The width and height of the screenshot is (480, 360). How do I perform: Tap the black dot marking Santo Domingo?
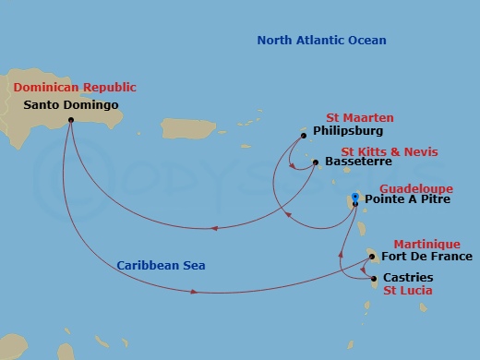point(70,119)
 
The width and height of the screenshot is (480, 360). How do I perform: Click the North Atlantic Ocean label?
point(321,41)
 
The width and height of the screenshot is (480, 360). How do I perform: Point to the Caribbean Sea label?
point(161,265)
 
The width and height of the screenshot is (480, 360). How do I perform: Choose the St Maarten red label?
point(360,118)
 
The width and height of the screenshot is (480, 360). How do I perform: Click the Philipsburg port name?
point(348,132)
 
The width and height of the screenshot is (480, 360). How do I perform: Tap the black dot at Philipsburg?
point(304,136)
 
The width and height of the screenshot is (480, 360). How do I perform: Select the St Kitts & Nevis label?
point(390,151)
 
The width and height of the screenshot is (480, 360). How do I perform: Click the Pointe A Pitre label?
point(407,198)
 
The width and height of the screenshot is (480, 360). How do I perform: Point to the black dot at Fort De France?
point(372,258)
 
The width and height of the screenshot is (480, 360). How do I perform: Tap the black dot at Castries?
point(373,278)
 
